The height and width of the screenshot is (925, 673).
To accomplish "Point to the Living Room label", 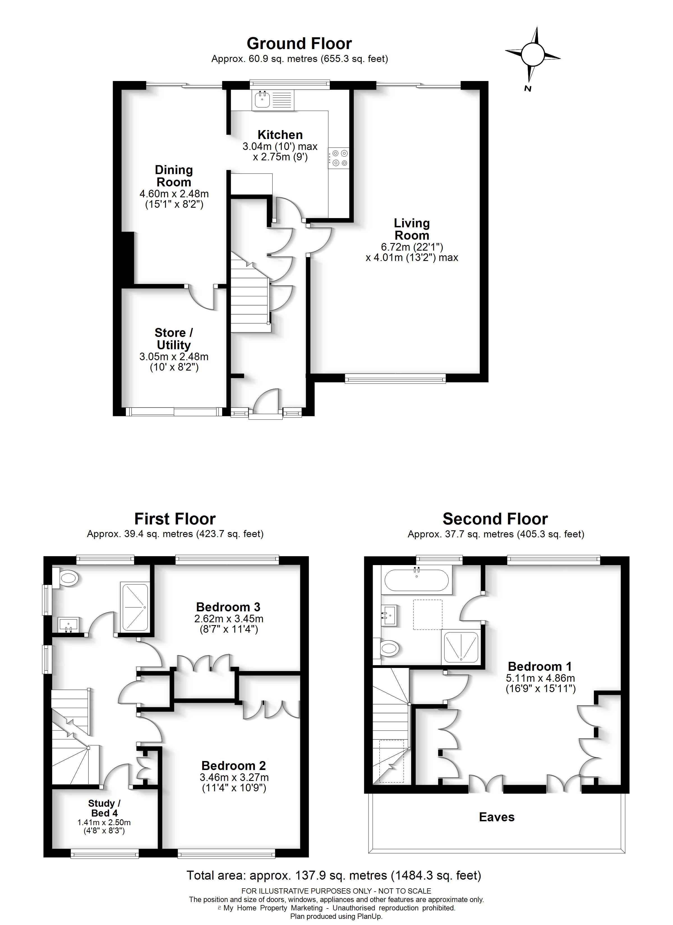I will tap(411, 229).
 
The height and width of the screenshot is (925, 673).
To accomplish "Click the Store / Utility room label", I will tap(174, 339).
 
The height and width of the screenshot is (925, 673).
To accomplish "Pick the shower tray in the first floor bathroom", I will tap(135, 608).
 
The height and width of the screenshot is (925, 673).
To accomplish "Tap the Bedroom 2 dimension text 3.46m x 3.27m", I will tap(234, 777).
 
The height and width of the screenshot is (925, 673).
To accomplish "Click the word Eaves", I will tap(497, 817).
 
